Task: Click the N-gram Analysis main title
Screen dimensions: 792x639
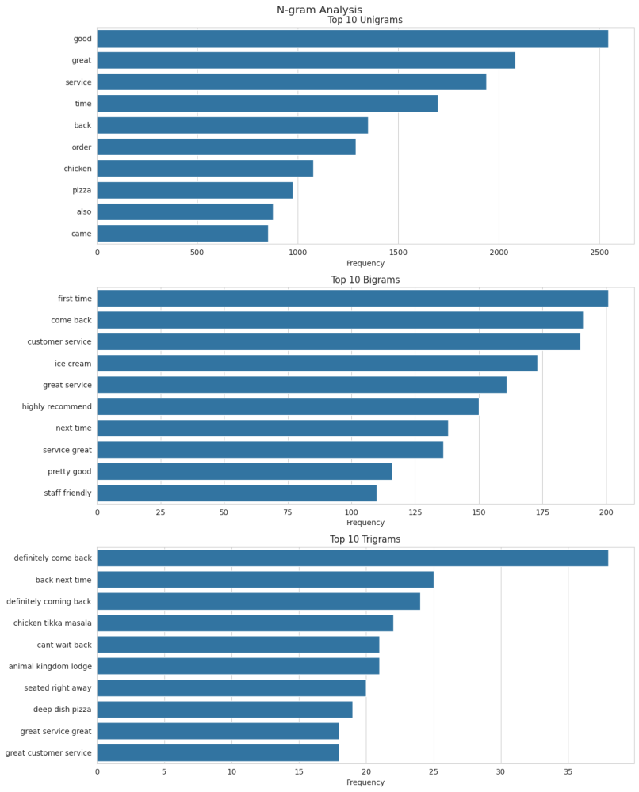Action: point(319,10)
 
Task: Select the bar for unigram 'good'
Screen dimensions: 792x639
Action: point(352,39)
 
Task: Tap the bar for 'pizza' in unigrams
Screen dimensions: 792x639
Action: point(194,190)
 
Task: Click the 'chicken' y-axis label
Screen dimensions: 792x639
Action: point(78,169)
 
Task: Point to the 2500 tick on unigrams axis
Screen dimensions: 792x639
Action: point(599,253)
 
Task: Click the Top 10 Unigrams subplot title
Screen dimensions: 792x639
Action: point(365,21)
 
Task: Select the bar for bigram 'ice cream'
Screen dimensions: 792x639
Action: point(316,364)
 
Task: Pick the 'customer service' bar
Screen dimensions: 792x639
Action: point(338,342)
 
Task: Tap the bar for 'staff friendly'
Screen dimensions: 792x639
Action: point(236,493)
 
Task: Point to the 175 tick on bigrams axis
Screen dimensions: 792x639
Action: point(542,512)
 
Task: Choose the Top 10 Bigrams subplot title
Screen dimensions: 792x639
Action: point(365,280)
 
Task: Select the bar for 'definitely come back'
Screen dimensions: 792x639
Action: point(352,558)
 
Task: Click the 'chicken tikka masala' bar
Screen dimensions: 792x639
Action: point(244,623)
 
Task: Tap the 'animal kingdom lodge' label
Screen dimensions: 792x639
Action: point(50,667)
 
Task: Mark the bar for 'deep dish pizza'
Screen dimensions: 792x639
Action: point(224,710)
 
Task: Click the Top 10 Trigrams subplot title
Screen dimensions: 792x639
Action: point(365,540)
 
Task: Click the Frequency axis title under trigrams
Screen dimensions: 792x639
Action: point(365,782)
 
